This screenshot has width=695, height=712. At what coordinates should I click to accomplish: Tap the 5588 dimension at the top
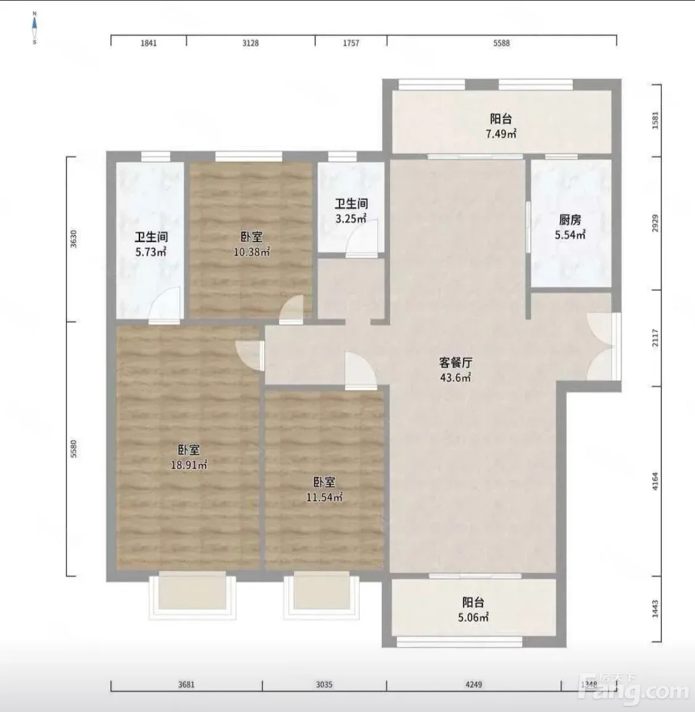coord(501,43)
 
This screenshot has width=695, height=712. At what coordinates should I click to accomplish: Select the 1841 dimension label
coord(149,43)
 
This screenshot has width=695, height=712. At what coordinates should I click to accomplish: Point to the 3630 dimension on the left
coord(73,239)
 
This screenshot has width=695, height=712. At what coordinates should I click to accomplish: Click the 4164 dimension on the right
coord(655,481)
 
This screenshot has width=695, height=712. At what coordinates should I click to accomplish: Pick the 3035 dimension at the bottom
coord(325,684)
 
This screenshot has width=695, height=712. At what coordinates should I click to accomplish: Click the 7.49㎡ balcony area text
coord(501,134)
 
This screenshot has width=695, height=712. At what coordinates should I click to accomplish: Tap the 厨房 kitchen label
coord(570,220)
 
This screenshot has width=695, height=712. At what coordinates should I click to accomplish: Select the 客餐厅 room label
coord(456,362)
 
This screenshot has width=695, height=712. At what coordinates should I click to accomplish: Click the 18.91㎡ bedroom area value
coord(189,465)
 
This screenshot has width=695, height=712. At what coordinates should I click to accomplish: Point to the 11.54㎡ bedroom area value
coord(325,497)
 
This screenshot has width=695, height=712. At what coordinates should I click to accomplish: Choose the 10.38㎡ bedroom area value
coord(252,252)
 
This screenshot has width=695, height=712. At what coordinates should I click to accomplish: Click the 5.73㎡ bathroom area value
coord(151,252)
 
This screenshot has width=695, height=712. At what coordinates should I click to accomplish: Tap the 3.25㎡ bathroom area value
coord(351,219)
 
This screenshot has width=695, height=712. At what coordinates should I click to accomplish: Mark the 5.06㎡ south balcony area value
coord(473,617)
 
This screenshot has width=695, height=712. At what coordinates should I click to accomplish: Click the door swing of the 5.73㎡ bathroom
coord(165,305)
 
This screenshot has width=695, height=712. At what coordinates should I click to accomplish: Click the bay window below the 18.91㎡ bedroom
coord(193,595)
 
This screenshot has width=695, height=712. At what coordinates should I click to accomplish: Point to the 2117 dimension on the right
coord(655,338)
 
